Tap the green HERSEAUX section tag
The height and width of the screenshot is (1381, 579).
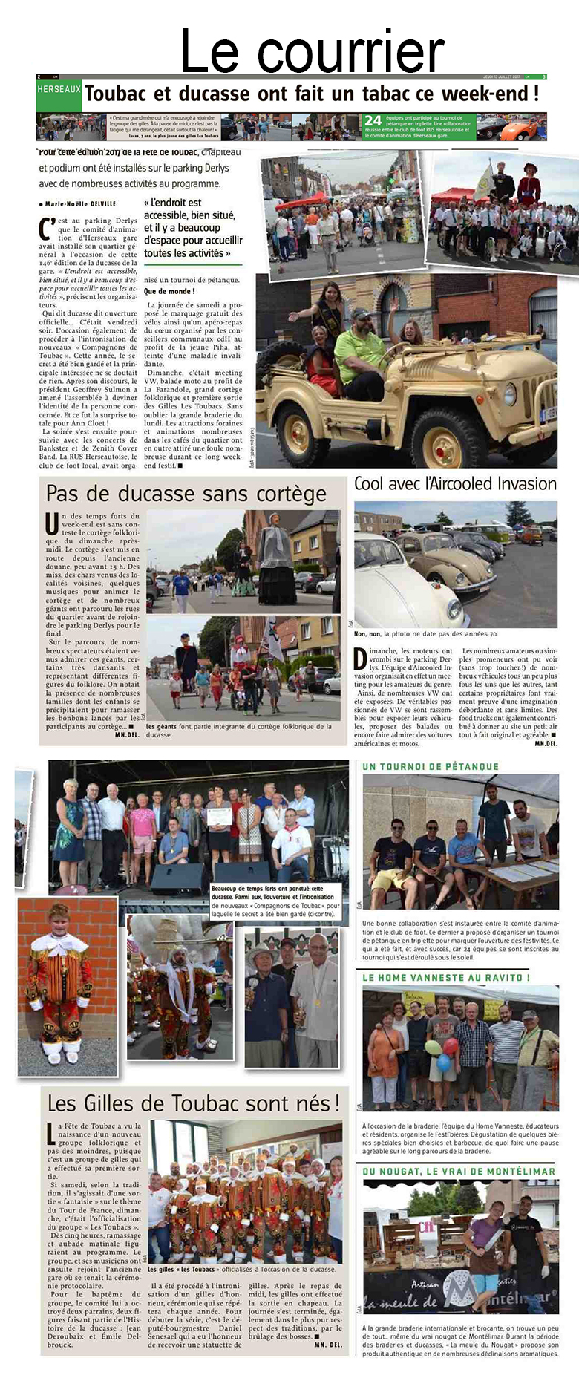(59, 89)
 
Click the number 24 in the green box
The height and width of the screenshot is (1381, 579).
(373, 120)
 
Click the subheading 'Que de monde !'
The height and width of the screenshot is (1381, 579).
(169, 291)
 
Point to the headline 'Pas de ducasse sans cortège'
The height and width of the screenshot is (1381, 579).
(186, 494)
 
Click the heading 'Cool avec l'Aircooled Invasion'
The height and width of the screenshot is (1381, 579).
(455, 484)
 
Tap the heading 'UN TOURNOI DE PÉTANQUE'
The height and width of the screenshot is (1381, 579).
(431, 766)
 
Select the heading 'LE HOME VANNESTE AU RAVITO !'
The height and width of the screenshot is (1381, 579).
(446, 978)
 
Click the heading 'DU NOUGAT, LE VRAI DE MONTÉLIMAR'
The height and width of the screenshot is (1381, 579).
(459, 1171)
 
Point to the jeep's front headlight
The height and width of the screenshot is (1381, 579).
(510, 394)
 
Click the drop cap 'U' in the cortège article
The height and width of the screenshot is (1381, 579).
(51, 523)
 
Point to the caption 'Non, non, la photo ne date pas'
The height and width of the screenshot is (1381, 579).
(425, 634)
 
